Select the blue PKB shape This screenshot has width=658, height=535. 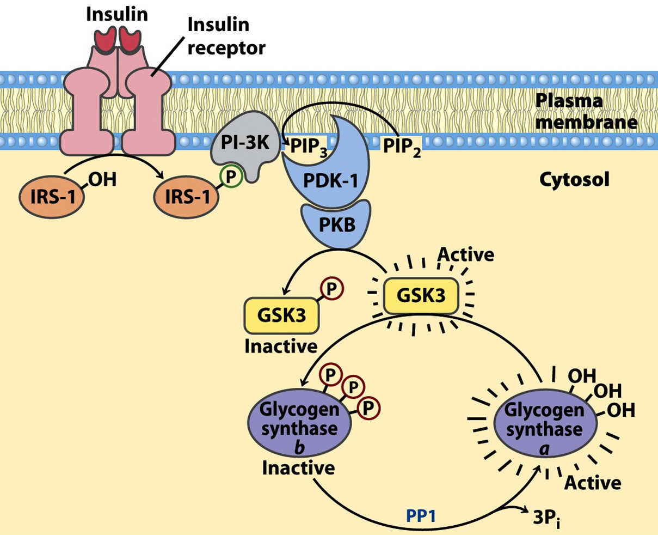point(336,224)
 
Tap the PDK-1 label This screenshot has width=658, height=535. point(330,181)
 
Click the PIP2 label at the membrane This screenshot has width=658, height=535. point(402,147)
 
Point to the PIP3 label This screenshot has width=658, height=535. point(309,147)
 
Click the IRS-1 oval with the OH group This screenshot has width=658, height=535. point(52,197)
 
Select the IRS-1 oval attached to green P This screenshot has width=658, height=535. point(187,197)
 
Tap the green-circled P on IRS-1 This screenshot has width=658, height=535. point(231,177)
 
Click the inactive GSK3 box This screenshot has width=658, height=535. point(281,315)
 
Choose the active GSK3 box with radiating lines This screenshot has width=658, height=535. point(421,296)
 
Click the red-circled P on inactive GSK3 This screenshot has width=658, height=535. point(331,289)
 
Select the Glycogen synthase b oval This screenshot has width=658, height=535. point(299,423)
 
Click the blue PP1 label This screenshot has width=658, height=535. point(421,516)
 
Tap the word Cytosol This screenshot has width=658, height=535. point(574,179)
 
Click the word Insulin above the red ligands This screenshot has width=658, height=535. point(117,14)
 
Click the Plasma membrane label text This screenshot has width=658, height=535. point(586,111)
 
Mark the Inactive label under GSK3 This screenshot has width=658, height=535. point(281,346)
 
